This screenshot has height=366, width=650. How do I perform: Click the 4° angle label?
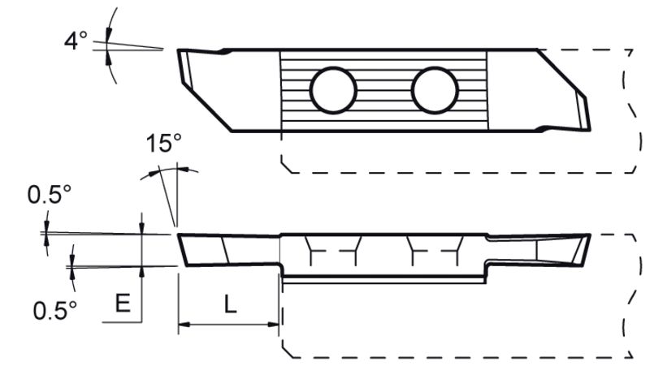coord(76,41)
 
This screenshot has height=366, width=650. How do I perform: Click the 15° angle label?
coord(164,143)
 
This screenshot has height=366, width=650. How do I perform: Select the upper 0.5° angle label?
coord(50,194)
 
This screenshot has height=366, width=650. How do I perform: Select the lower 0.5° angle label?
coord(55,310)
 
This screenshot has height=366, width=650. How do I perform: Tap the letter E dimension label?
coord(123,303)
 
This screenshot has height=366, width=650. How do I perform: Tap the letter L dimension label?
coord(231,304)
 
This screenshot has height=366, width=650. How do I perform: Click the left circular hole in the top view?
coord(333,90)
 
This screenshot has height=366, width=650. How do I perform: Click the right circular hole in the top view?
coord(435,90)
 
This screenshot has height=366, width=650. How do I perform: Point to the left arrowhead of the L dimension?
coord(184,324)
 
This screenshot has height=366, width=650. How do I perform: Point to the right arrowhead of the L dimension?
coord(273,324)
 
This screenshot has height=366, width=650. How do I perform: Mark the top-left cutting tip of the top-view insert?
coord(179,50)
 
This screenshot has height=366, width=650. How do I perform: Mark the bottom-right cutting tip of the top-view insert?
coord(590,131)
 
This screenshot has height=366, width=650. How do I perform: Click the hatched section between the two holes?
coord(384,90)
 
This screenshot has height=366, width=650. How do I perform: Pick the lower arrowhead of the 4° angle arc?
coord(109,58)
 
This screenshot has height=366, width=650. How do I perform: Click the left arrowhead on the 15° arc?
coord(154,172)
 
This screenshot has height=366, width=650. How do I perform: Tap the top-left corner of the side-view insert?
coord(178,235)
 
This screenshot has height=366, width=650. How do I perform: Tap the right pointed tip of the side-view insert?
coord(590,235)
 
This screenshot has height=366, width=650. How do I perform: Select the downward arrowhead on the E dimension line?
coord(141,228)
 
